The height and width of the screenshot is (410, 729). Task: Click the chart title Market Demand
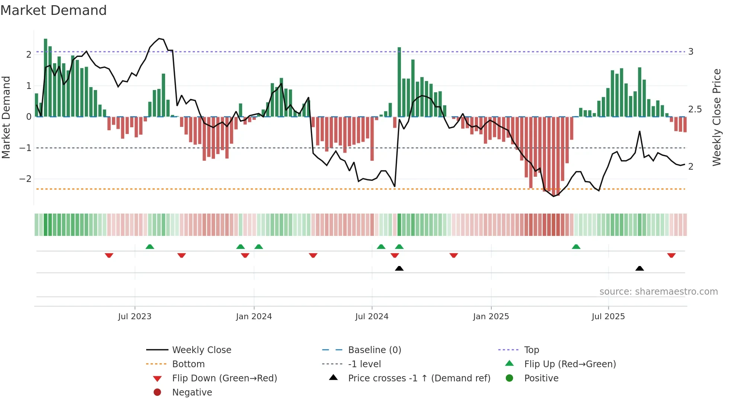[54, 10]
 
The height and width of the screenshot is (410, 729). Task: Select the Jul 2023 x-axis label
[135, 317]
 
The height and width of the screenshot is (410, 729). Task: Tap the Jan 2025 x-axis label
[491, 317]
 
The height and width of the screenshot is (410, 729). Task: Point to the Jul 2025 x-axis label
[608, 317]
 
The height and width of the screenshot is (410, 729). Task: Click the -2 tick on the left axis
[25, 179]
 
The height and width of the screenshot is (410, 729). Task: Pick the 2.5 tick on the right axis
[695, 109]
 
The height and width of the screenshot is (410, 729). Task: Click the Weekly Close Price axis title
[716, 117]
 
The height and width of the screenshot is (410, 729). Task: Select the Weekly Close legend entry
[201, 350]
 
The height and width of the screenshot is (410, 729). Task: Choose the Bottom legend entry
[188, 364]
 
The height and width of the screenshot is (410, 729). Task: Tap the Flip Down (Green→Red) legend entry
[224, 378]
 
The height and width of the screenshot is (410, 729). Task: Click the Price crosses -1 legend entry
[419, 378]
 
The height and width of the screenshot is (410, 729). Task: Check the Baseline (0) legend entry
[374, 350]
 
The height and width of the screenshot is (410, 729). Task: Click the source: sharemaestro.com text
[658, 292]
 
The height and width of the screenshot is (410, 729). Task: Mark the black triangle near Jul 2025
[639, 268]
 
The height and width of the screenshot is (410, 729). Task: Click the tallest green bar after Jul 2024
[399, 82]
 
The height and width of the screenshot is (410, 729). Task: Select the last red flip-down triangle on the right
[671, 255]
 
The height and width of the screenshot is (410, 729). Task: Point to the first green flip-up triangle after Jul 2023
[150, 247]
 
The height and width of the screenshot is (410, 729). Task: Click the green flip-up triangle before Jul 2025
[576, 247]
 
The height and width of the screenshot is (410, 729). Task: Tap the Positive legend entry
[541, 378]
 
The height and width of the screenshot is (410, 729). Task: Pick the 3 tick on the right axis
[691, 52]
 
